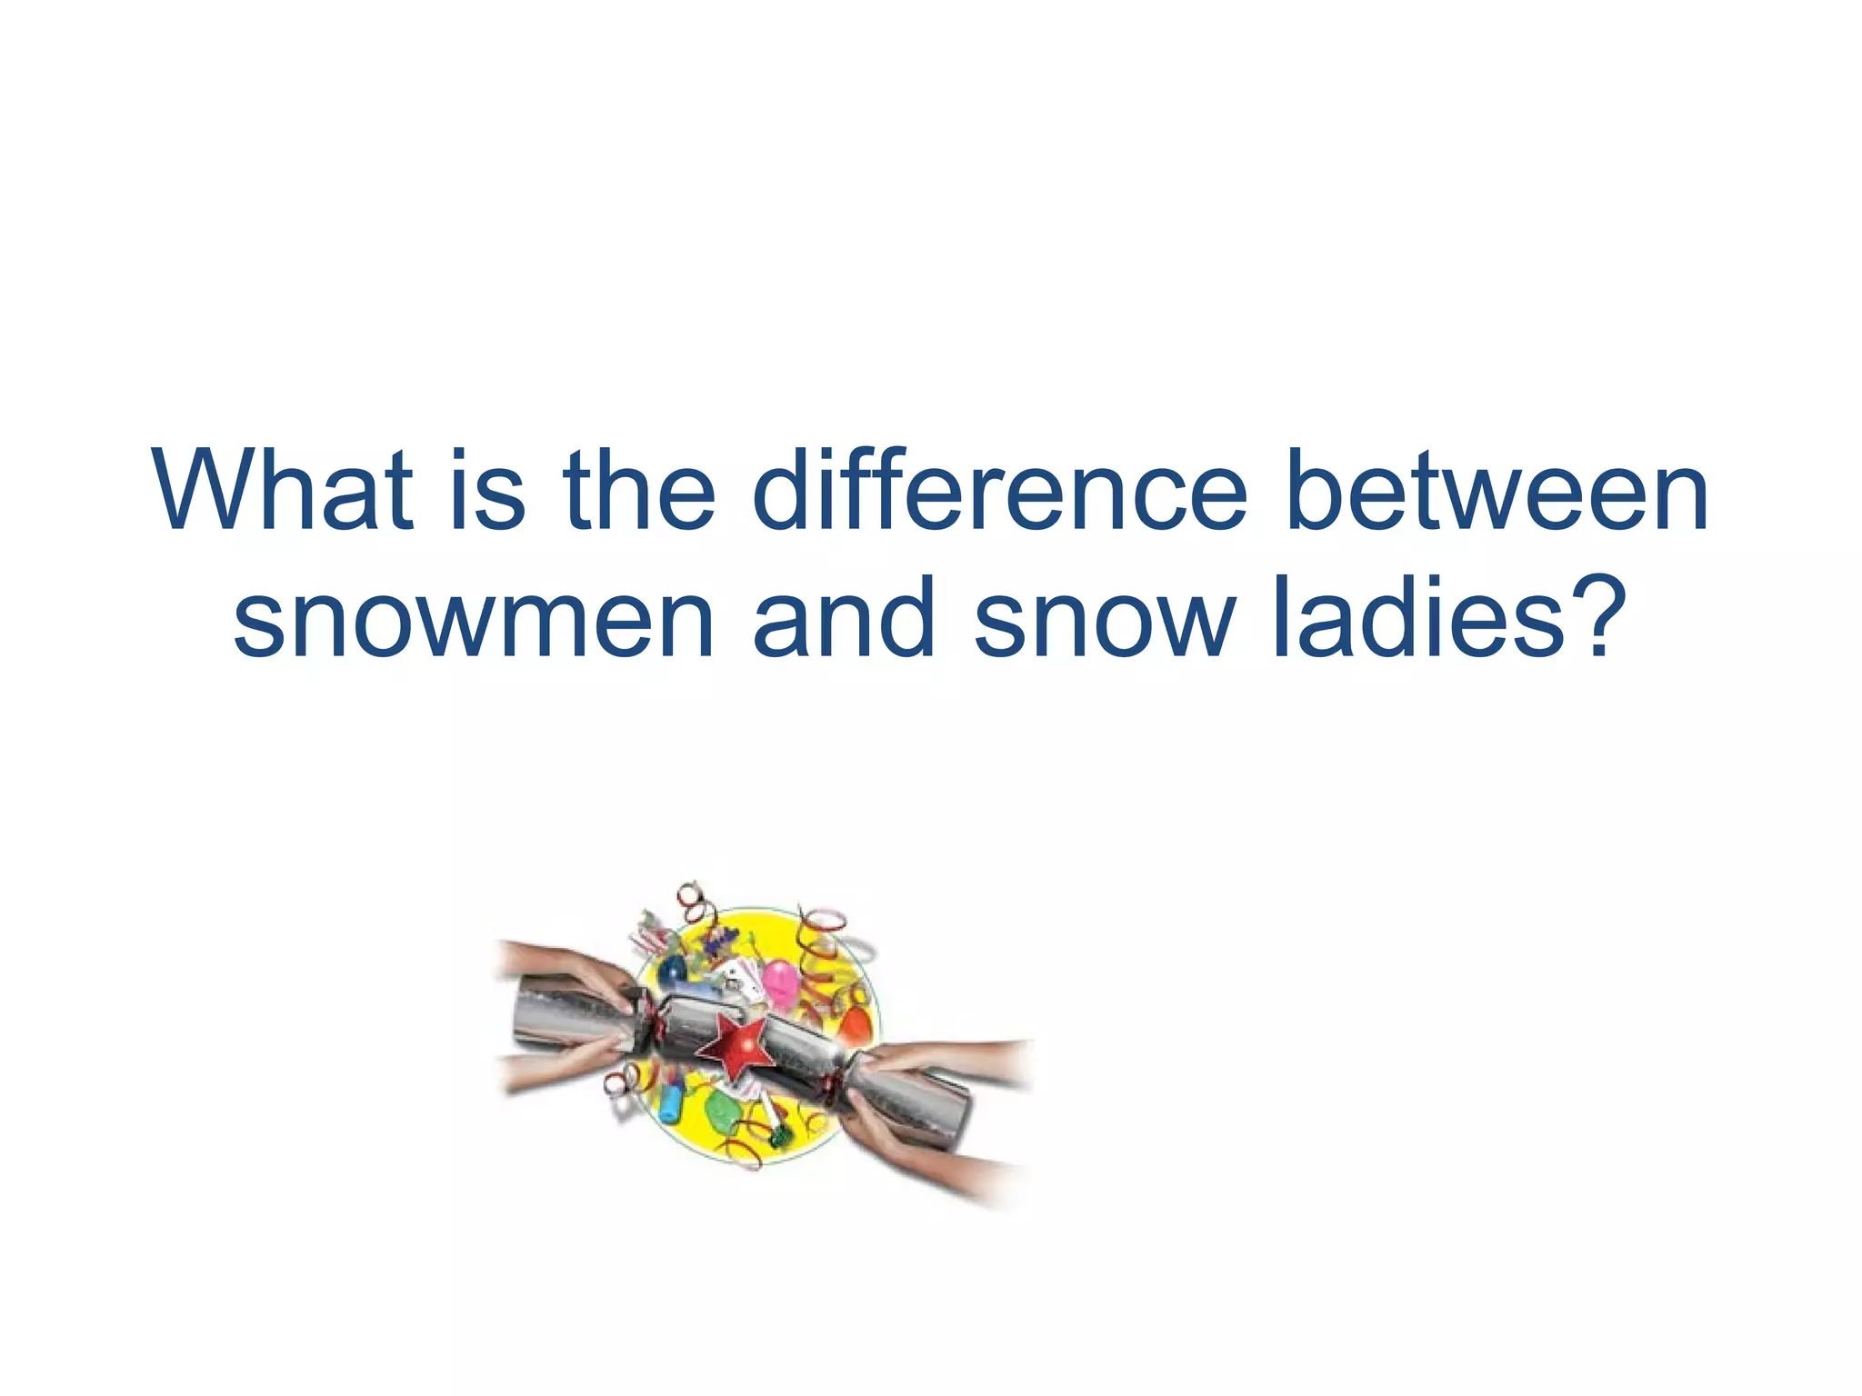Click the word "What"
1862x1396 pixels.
click(x=283, y=491)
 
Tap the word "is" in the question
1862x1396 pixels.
click(x=487, y=491)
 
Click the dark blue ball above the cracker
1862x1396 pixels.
click(x=674, y=970)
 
